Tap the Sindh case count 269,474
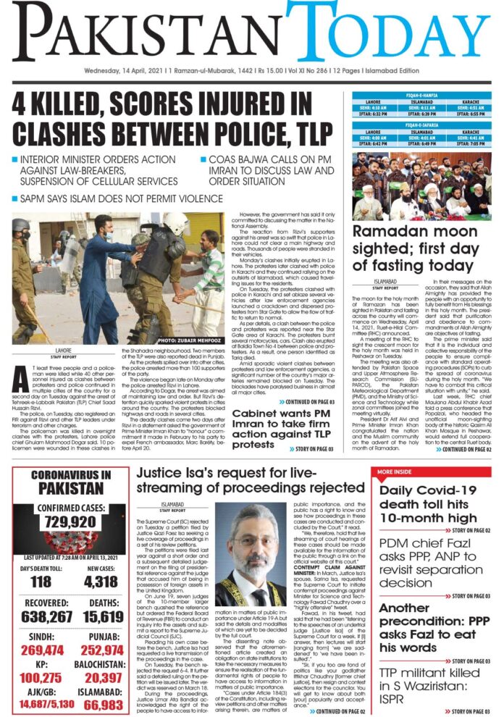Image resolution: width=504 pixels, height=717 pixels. pos(40,629)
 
